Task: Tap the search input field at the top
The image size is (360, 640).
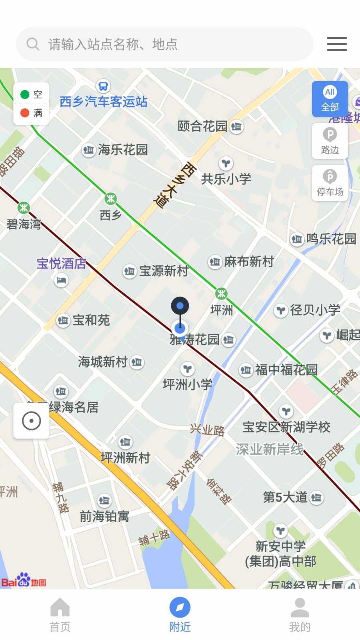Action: (x=164, y=44)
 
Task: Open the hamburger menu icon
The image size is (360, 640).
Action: (x=337, y=44)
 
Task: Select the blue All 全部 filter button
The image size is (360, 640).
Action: (x=330, y=99)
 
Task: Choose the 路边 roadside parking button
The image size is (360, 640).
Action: (x=330, y=141)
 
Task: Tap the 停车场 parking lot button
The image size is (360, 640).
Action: (x=330, y=183)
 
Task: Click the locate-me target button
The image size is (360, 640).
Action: (x=31, y=421)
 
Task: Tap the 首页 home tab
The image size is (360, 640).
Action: (x=60, y=614)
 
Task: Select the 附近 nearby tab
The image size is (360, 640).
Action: (x=180, y=614)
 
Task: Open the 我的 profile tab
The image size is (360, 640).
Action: (x=300, y=614)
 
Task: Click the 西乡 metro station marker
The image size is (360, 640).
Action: (x=111, y=198)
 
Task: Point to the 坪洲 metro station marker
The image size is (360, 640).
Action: (x=221, y=294)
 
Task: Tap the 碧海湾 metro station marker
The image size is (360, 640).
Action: (x=24, y=208)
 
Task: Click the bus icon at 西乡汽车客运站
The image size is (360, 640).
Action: (x=103, y=86)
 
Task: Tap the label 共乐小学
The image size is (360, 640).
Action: (x=226, y=179)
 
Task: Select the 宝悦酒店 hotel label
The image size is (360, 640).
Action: (x=61, y=264)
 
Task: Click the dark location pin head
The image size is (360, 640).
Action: (x=180, y=306)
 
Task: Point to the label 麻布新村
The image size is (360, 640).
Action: (x=249, y=262)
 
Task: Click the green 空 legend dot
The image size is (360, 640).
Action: (x=25, y=94)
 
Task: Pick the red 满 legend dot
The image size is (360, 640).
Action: (x=25, y=113)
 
